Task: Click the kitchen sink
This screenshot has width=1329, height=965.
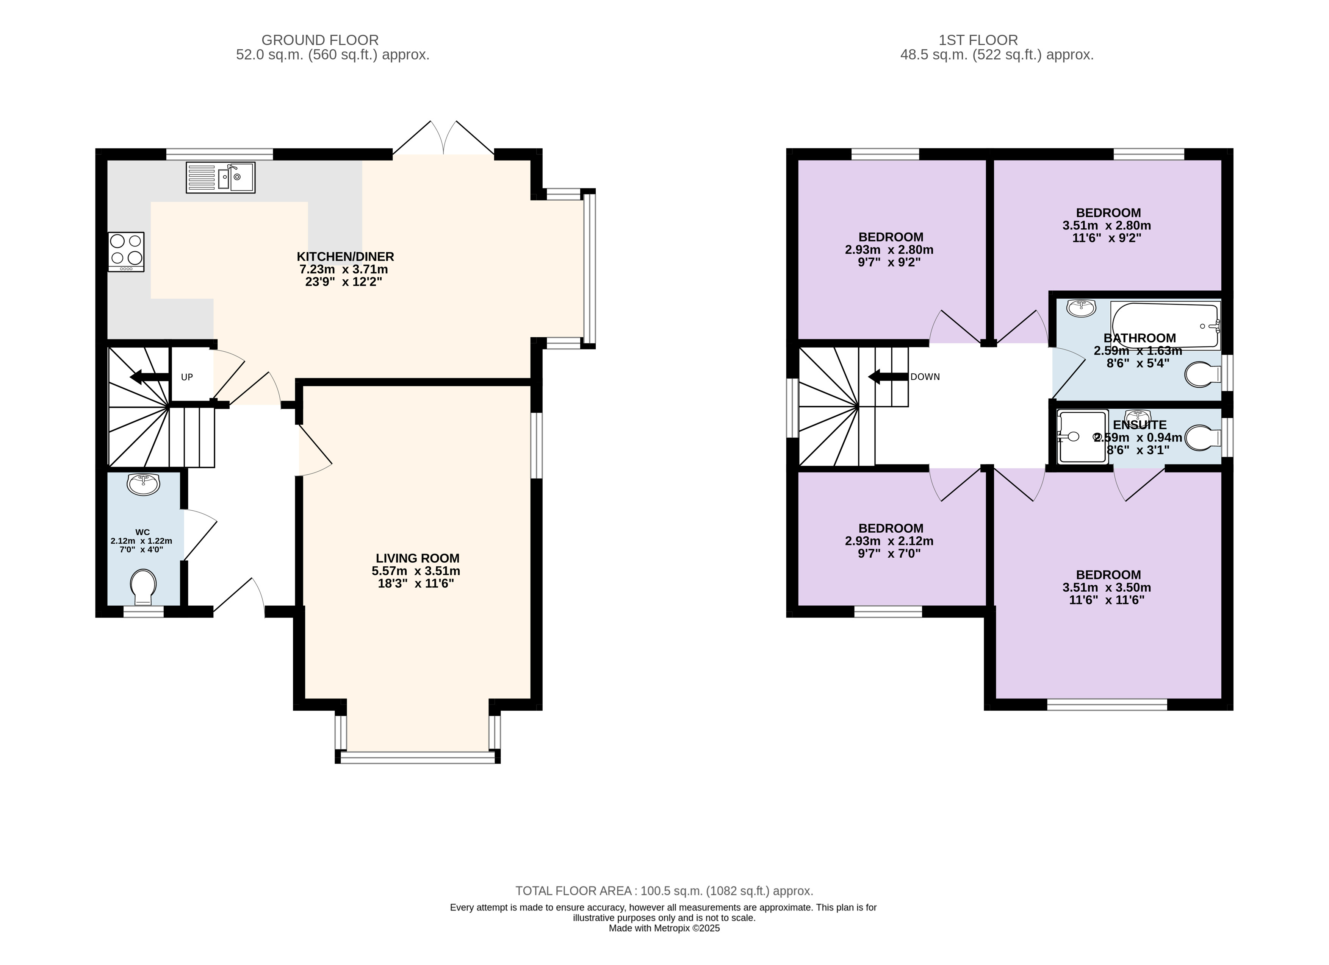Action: point(220,178)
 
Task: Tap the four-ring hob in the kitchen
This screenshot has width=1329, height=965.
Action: point(126,252)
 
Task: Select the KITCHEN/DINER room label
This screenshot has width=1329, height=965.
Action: point(345,256)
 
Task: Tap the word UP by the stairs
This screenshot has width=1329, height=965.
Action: point(187,377)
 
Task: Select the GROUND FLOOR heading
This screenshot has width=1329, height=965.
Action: point(320,40)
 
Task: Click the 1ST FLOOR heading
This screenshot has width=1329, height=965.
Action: point(978,40)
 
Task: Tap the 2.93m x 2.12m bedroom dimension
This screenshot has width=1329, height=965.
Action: point(889,541)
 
